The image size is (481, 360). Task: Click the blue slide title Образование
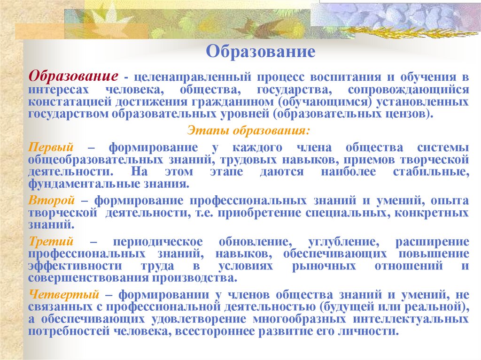261,51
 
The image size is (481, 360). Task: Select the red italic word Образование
73,76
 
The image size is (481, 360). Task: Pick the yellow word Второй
52,200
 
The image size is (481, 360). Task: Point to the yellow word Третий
51,242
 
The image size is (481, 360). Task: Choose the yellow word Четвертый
63,295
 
